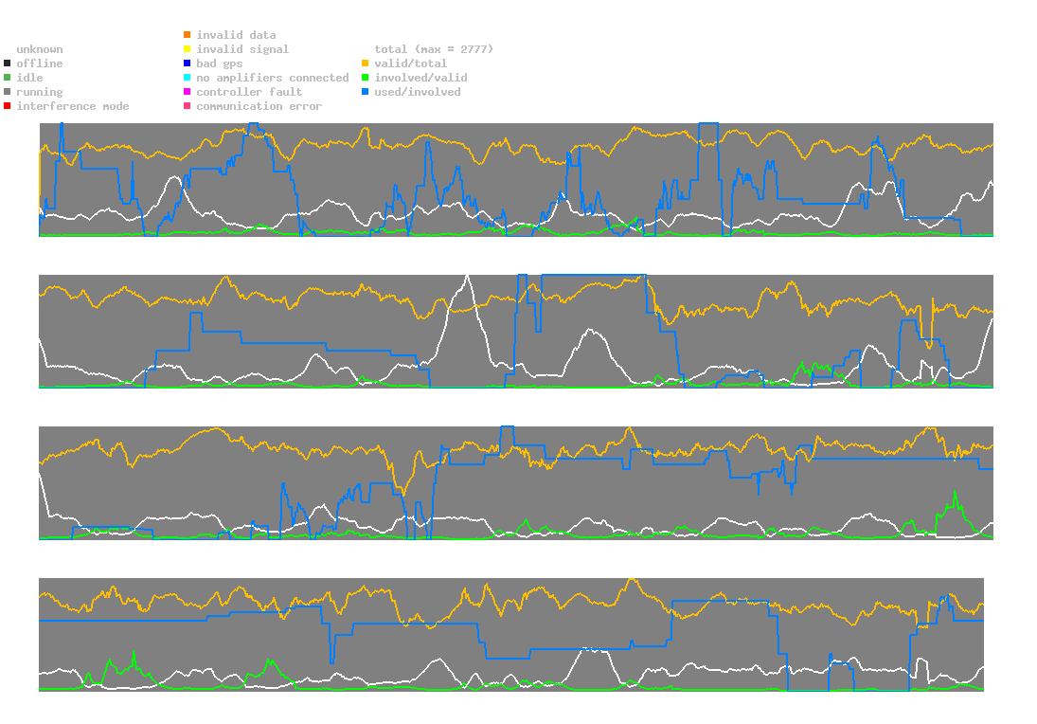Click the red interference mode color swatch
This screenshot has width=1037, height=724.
tap(8, 106)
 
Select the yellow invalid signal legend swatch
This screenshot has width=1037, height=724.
tap(188, 49)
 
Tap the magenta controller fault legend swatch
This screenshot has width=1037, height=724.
tap(188, 92)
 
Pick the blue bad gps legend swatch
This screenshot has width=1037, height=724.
tap(188, 63)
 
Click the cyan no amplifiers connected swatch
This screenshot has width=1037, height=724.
tap(188, 78)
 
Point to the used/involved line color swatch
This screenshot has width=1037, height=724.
tap(366, 92)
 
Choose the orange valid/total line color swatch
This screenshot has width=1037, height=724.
tap(366, 63)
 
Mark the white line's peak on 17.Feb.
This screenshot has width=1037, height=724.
tap(467, 275)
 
